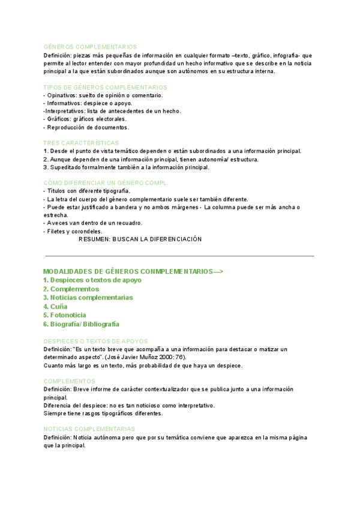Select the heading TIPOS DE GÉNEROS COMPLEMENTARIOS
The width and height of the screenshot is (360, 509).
[105, 87]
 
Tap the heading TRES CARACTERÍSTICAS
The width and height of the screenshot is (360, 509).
[81, 143]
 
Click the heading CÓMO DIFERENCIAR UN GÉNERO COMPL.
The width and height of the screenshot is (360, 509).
[106, 182]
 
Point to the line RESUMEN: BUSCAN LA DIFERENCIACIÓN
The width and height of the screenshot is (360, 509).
[140, 239]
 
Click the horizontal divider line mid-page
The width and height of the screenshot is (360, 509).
[180, 256]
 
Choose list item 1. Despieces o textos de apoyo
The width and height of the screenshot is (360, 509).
[92, 280]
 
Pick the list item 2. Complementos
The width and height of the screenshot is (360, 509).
[71, 289]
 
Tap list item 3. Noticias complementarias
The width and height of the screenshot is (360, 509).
[88, 297]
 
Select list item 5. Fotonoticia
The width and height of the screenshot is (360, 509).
[65, 315]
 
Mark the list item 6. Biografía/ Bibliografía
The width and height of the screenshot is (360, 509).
[81, 324]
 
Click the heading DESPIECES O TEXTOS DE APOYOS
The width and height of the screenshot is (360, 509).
[95, 341]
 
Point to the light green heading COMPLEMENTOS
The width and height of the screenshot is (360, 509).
[69, 381]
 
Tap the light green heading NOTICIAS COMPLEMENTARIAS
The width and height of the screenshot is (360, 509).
[89, 429]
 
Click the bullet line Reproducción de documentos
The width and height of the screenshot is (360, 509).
[86, 127]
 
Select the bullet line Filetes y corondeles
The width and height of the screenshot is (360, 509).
[73, 231]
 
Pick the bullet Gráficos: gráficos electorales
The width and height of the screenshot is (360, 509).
[85, 119]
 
